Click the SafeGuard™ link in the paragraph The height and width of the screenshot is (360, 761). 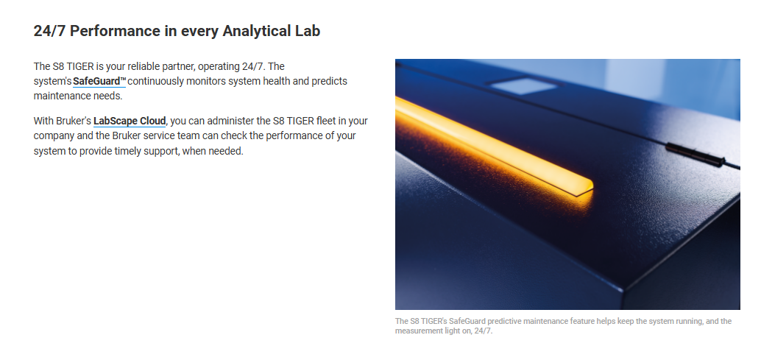point(99,81)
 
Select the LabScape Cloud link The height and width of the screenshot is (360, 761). point(130,120)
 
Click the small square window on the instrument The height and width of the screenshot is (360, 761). point(523,86)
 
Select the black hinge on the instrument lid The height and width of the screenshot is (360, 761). point(695,155)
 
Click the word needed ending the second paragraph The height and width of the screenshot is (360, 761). point(226,151)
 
